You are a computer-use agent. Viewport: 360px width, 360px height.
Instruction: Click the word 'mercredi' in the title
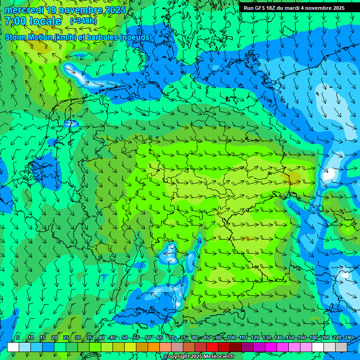pyautogui.click(x=23, y=9)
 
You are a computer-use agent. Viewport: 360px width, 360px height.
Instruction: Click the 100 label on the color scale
pyautogui.click(x=232, y=337)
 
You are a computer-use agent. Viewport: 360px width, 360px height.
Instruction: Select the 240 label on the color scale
pyautogui.click(x=348, y=337)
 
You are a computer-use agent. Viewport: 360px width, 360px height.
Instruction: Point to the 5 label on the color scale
pyautogui.click(x=18, y=337)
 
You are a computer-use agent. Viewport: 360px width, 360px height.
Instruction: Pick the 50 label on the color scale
pyautogui.click(x=125, y=337)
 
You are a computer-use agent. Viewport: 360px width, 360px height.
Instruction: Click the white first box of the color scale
pyautogui.click(x=13, y=347)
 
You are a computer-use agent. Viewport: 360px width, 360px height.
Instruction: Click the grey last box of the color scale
pyautogui.click(x=341, y=347)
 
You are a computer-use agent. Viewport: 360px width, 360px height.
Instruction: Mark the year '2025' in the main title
pyautogui.click(x=114, y=9)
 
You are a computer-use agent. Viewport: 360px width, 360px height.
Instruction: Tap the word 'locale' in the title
pyautogui.click(x=45, y=21)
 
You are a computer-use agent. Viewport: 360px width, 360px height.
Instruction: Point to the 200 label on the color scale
pyautogui.click(x=325, y=337)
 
